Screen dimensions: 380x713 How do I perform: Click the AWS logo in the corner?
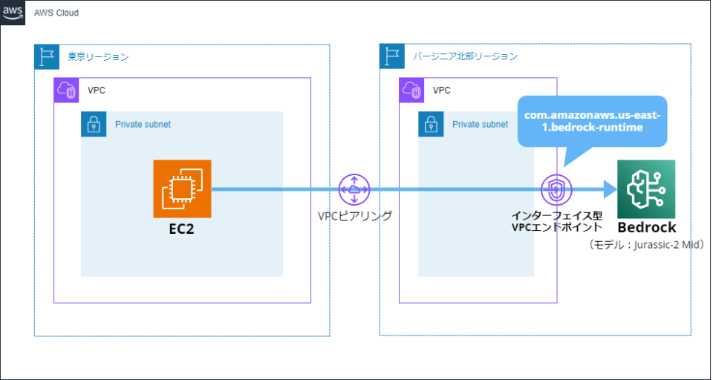tap(13, 13)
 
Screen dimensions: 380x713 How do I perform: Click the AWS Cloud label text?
tap(57, 13)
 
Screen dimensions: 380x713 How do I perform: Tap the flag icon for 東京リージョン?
tap(47, 56)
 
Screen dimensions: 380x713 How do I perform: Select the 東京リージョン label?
tap(98, 56)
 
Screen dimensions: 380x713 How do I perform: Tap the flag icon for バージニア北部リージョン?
tap(391, 56)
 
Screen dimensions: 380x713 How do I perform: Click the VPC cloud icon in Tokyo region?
tap(67, 90)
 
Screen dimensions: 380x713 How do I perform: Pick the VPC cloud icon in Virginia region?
tap(411, 90)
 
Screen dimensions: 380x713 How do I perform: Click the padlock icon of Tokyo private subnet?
tap(94, 125)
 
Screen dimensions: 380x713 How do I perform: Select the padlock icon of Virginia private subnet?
tap(431, 125)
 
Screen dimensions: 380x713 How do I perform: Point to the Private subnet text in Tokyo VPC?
tap(143, 125)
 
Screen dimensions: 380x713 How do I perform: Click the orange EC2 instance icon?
tap(182, 189)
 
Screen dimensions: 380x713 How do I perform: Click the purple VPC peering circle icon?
tap(354, 189)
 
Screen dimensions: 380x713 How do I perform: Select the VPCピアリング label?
tap(354, 216)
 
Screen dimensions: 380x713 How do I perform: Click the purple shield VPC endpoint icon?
tap(556, 189)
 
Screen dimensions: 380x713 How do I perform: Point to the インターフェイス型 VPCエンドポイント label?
tap(556, 222)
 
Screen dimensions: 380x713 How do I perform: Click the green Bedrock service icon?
tap(645, 189)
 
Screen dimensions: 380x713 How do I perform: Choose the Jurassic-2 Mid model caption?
tap(645, 244)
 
